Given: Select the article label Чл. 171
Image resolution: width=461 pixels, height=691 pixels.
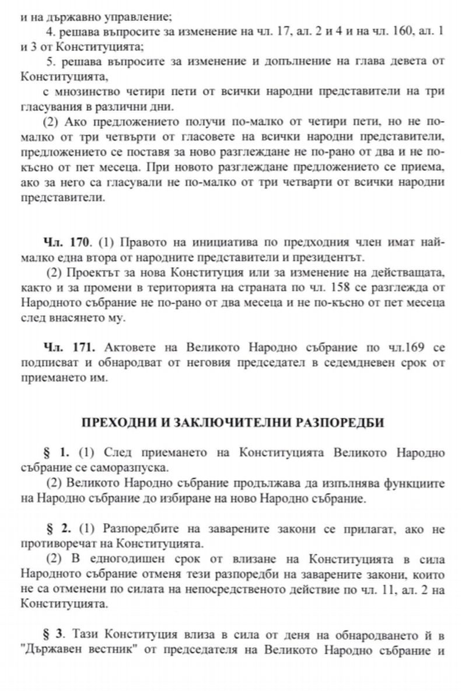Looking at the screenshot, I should click(x=68, y=348).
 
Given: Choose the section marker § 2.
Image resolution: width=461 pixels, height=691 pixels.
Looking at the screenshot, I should click(x=57, y=529).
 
